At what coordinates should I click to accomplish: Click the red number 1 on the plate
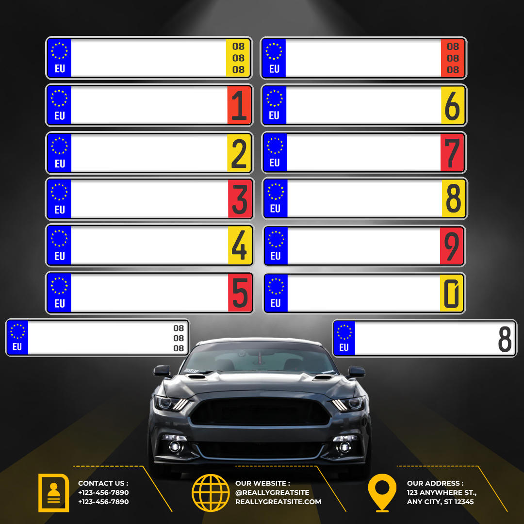tap(239, 105)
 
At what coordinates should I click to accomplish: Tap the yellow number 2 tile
tap(239, 153)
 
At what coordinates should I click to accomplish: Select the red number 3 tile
tap(240, 199)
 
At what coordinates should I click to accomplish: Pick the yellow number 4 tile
tap(240, 246)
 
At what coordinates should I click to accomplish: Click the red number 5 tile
tap(240, 293)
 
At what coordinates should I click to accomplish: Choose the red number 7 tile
tap(453, 153)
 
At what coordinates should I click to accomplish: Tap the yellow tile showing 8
tap(453, 198)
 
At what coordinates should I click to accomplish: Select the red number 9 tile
tap(452, 246)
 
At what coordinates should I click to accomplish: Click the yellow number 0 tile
tap(452, 293)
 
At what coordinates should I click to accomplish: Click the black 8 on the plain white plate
tap(505, 339)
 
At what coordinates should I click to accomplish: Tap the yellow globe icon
tap(211, 492)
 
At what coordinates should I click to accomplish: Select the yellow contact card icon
tap(53, 492)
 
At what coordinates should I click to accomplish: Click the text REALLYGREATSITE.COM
tap(278, 502)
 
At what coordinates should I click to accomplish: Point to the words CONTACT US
tap(103, 483)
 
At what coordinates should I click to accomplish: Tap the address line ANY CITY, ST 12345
tap(440, 502)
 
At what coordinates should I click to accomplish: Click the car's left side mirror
tap(162, 372)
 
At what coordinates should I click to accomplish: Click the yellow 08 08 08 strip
tap(238, 58)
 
